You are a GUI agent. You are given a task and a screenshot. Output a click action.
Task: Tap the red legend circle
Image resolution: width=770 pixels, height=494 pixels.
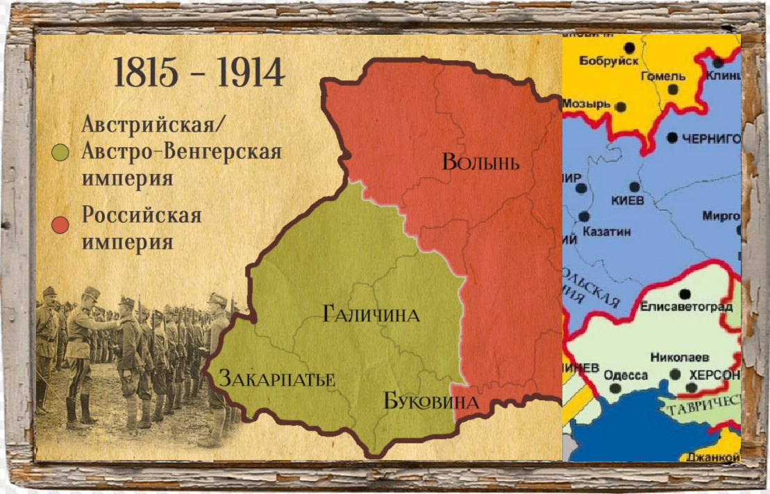click(x=61, y=225)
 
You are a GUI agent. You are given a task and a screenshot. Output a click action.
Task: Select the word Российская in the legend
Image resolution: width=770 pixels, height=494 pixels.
click(x=142, y=215)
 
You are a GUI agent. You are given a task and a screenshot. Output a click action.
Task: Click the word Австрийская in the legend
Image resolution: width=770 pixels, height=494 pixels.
click(x=155, y=126)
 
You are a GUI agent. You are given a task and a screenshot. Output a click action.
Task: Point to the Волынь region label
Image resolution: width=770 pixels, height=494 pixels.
click(x=480, y=162)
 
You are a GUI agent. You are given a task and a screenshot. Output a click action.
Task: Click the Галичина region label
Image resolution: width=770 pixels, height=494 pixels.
click(x=371, y=315)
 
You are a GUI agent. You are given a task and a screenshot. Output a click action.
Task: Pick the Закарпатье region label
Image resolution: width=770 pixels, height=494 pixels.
click(x=277, y=379)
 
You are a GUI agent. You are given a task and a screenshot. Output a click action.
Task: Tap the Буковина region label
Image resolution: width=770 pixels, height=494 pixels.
click(x=430, y=402)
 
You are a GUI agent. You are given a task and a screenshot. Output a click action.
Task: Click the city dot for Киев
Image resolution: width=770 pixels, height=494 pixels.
click(x=634, y=187)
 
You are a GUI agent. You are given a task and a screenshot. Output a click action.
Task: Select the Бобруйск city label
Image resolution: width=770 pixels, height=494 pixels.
click(x=608, y=61)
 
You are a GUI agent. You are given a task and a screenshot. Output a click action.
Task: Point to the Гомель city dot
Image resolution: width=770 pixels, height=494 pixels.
click(x=672, y=90)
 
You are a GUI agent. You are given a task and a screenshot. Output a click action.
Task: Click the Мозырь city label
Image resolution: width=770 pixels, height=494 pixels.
click(x=586, y=103)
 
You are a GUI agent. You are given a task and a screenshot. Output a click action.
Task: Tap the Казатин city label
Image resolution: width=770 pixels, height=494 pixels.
click(x=607, y=232)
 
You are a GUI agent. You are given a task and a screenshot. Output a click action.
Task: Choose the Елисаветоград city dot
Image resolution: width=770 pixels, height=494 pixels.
click(x=685, y=293)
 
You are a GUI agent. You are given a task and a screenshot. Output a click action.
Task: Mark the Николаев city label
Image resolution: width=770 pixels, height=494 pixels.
click(x=679, y=357)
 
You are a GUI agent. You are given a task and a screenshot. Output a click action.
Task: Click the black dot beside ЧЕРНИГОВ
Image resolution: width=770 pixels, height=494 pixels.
click(x=671, y=137)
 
